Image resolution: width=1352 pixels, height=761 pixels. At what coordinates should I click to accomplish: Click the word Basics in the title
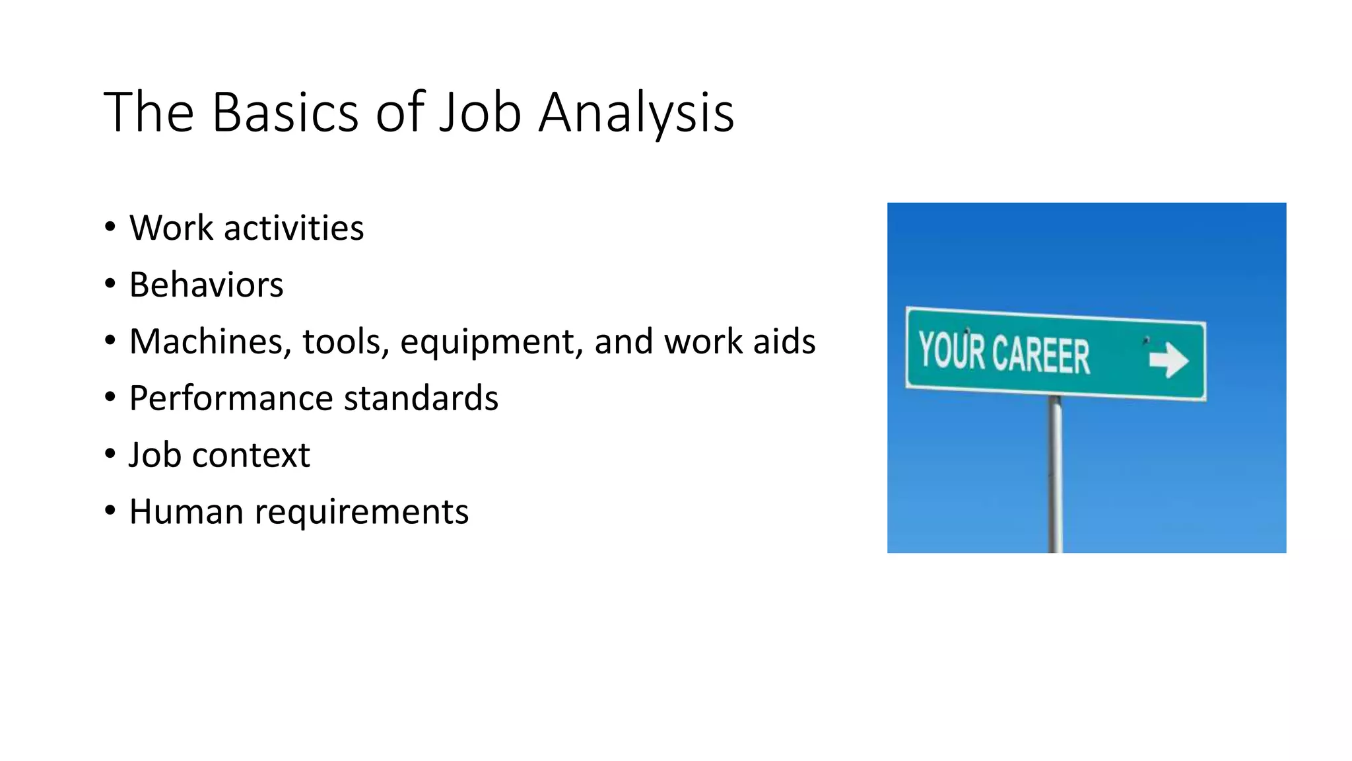click(x=285, y=112)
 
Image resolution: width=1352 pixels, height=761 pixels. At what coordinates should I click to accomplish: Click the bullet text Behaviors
click(x=206, y=285)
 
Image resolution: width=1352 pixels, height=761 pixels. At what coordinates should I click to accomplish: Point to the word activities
click(x=294, y=229)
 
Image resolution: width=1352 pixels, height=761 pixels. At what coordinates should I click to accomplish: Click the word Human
click(x=186, y=513)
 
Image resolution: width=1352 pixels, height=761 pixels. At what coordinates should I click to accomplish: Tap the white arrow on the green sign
click(x=1168, y=360)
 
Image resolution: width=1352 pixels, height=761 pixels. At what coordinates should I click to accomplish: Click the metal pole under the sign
click(x=1056, y=476)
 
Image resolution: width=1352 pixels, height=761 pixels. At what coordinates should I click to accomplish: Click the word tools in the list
click(x=341, y=342)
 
